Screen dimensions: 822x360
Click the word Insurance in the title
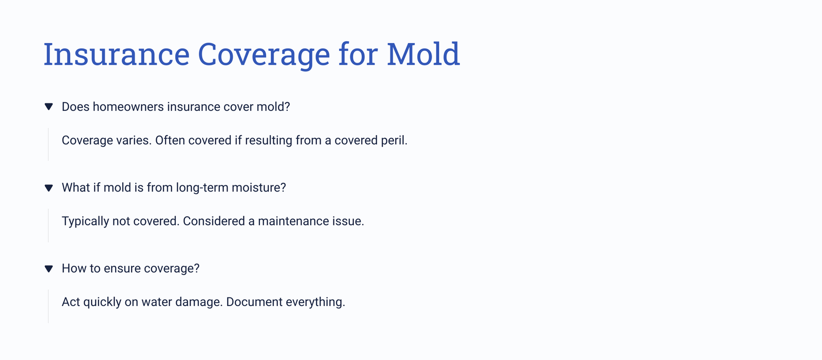(x=116, y=54)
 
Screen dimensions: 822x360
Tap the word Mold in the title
(x=423, y=54)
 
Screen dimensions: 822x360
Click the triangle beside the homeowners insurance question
(x=49, y=107)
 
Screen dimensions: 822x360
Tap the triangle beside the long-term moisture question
(x=49, y=188)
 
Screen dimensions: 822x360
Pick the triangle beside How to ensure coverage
(x=49, y=269)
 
